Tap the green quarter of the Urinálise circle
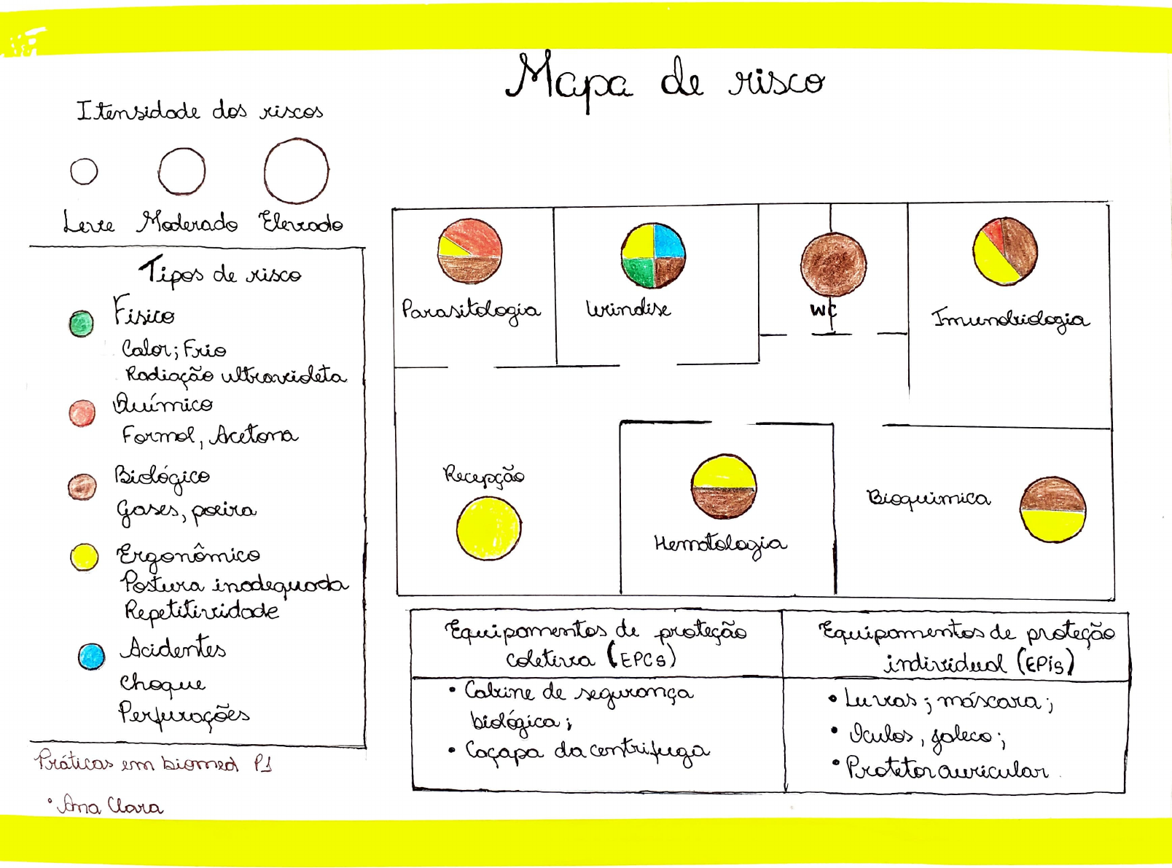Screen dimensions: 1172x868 coord(638,271)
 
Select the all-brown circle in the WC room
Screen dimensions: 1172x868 coord(833,265)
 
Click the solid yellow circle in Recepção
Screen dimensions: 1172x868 coord(488,528)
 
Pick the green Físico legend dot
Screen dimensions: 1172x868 coord(81,323)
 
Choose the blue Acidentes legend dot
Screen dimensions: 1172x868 coord(91,656)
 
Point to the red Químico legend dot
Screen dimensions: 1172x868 coord(82,413)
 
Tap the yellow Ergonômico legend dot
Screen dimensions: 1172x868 coord(85,557)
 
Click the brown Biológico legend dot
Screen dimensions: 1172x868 coord(82,486)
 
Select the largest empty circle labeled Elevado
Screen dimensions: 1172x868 coord(296,171)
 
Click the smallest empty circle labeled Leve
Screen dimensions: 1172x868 coord(84,171)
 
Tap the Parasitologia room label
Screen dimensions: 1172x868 coord(471,310)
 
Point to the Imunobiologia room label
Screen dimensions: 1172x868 coord(1010,319)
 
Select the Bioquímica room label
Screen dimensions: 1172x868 coord(928,498)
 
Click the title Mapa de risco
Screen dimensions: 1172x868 coord(665,80)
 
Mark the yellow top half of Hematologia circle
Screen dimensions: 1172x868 coord(724,472)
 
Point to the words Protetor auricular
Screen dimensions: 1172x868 coord(947,769)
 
